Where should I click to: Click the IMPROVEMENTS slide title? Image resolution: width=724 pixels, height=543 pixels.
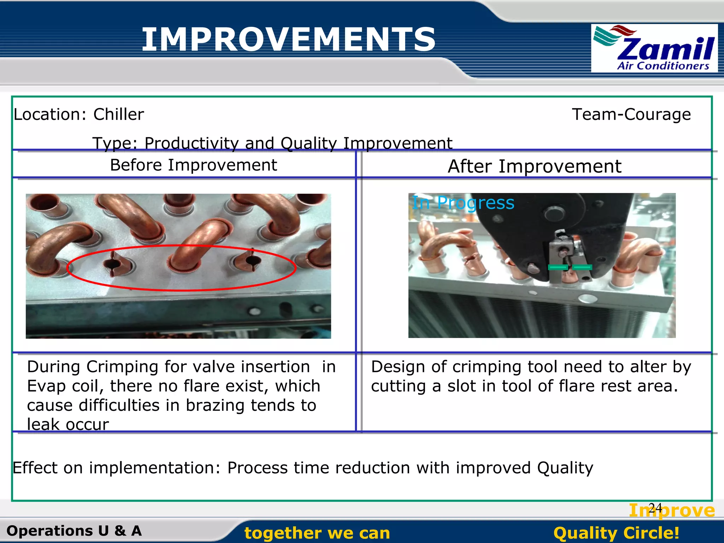pos(288,40)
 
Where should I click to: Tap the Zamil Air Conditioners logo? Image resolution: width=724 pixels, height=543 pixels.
pos(654,48)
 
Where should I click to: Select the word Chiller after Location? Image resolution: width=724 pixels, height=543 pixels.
pos(118,115)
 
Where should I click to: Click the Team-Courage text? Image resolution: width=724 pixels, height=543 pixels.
pos(631,115)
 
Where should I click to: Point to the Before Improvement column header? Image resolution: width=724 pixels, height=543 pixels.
pos(193,165)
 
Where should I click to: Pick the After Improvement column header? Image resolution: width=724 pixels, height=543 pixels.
pos(534,166)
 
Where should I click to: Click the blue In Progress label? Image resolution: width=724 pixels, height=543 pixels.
pos(463,203)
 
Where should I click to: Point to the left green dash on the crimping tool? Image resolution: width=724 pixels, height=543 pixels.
pos(558,267)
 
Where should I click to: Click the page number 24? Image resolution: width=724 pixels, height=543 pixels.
pos(655,508)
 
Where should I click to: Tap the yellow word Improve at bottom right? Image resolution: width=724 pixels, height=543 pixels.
pos(672,510)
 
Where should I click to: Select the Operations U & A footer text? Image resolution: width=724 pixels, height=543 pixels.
pos(74,531)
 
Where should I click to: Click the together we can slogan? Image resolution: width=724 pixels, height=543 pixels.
pos(317,533)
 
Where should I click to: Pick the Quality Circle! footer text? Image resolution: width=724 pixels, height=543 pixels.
pos(616,533)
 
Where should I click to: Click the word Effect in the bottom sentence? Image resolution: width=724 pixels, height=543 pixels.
pos(35,468)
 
